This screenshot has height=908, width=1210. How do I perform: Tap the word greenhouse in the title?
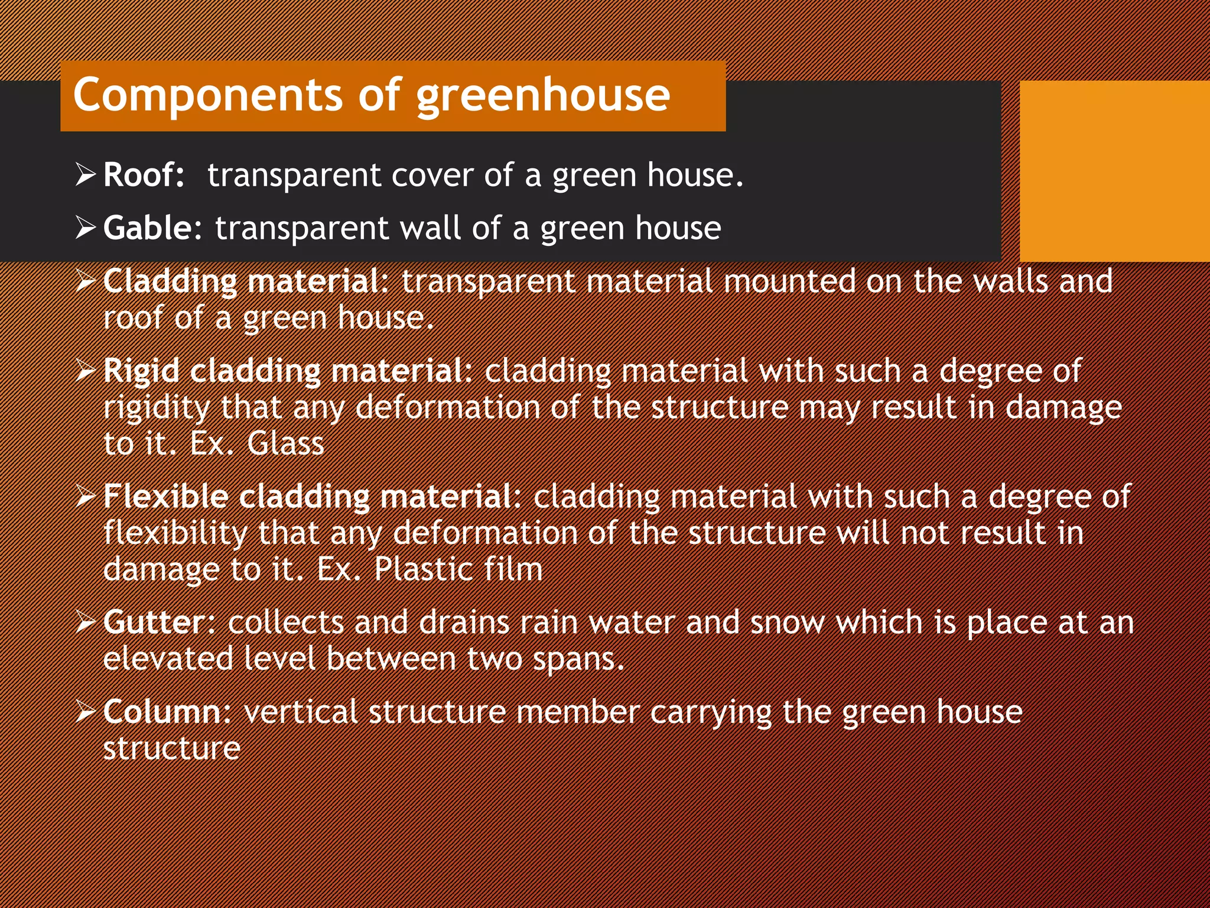(x=544, y=96)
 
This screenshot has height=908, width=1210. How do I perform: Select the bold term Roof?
(x=144, y=175)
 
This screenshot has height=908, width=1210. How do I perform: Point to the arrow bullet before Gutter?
(x=86, y=622)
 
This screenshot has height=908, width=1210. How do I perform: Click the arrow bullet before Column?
(x=86, y=712)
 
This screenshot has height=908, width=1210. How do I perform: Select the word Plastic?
(x=423, y=569)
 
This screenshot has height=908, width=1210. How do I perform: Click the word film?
(x=513, y=569)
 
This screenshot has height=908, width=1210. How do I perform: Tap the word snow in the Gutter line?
(x=787, y=622)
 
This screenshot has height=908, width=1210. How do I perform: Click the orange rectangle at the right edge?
(x=1114, y=171)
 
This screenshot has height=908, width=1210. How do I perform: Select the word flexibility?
(x=175, y=533)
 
